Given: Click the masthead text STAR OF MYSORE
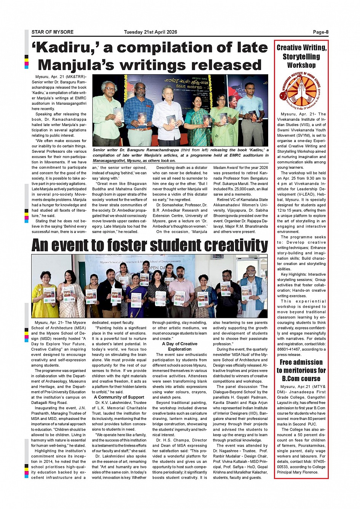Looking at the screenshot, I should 53,32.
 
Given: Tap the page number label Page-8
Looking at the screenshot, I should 321,32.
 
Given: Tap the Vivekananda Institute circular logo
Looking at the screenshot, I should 301,91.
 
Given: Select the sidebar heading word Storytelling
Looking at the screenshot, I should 301,57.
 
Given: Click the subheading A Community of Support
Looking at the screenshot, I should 119,397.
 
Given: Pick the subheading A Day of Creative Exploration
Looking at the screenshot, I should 180,346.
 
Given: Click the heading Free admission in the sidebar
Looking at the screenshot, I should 301,362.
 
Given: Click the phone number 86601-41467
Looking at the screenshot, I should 289,349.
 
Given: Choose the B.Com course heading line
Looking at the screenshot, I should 301,378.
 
